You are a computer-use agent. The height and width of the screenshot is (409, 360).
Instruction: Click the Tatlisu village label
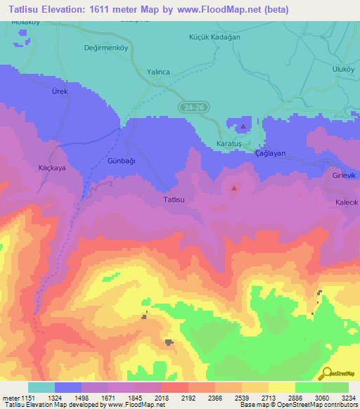(174, 200)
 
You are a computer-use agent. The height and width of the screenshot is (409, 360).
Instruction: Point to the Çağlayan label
(270, 153)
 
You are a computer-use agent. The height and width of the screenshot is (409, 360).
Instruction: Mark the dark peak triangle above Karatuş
(243, 127)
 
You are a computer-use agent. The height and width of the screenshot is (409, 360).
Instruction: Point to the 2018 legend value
(162, 398)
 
